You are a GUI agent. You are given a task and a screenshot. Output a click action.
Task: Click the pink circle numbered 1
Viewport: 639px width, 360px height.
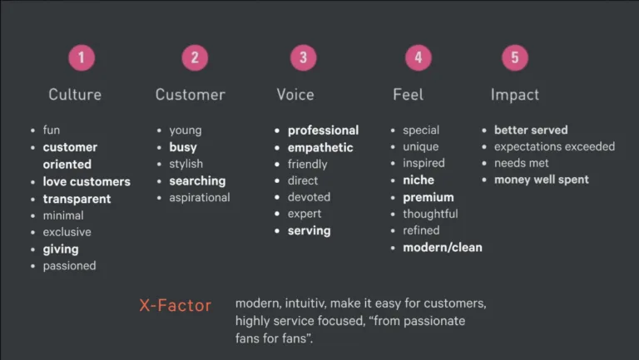[82, 58]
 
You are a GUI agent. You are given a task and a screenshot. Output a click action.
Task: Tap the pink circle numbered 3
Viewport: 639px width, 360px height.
[303, 58]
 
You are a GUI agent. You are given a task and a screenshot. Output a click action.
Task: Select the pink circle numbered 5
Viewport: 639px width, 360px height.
[515, 58]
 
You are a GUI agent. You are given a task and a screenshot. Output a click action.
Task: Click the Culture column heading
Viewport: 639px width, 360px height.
[75, 95]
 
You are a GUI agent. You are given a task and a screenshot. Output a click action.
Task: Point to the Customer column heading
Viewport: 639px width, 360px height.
[191, 95]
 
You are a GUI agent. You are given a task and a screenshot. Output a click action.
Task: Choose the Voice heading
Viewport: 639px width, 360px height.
[295, 95]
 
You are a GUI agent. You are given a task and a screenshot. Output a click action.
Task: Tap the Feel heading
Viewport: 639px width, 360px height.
[408, 95]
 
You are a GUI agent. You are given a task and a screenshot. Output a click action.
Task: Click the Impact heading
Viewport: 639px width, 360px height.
[515, 95]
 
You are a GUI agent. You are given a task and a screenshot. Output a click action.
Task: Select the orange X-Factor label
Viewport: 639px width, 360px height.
[176, 305]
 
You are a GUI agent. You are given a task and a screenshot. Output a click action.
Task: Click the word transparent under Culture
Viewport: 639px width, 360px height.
[77, 199]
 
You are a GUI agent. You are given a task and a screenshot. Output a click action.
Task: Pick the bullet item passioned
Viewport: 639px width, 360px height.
[70, 266]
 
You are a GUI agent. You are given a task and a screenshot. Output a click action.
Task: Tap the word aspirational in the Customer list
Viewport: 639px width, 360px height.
[200, 198]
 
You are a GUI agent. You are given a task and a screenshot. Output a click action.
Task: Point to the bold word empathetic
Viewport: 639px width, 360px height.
[320, 147]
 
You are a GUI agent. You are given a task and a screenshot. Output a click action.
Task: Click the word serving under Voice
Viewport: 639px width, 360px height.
[310, 231]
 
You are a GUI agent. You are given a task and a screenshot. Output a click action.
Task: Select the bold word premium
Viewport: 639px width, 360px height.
[428, 198]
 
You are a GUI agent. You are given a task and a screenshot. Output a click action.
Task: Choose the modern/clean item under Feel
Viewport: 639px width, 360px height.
[443, 247]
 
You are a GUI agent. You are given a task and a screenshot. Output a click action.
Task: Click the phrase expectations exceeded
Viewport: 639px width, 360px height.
[555, 146]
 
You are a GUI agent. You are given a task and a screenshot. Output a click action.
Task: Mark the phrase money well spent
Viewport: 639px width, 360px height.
[542, 180]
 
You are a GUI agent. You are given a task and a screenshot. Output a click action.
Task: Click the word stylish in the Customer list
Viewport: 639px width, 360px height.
[186, 164]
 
